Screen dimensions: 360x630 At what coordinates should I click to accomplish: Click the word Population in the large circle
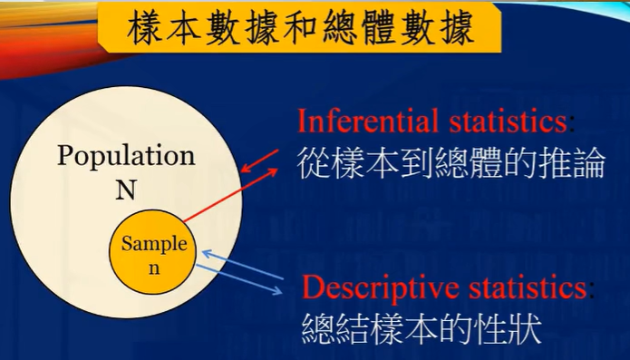(x=126, y=154)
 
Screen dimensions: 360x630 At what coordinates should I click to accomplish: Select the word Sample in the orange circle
(x=155, y=243)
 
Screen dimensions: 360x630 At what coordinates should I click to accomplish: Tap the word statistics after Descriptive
(x=526, y=288)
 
